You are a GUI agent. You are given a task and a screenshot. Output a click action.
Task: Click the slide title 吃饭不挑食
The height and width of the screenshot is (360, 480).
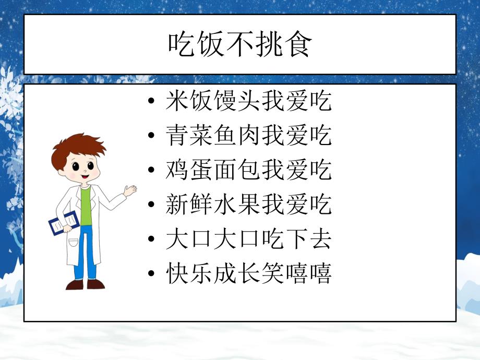240,45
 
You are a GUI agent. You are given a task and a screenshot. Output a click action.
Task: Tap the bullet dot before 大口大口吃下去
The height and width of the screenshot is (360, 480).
151,240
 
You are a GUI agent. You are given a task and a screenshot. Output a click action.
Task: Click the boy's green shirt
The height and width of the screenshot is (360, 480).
86,209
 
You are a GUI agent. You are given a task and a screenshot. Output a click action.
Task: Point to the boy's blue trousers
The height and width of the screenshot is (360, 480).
86,256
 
